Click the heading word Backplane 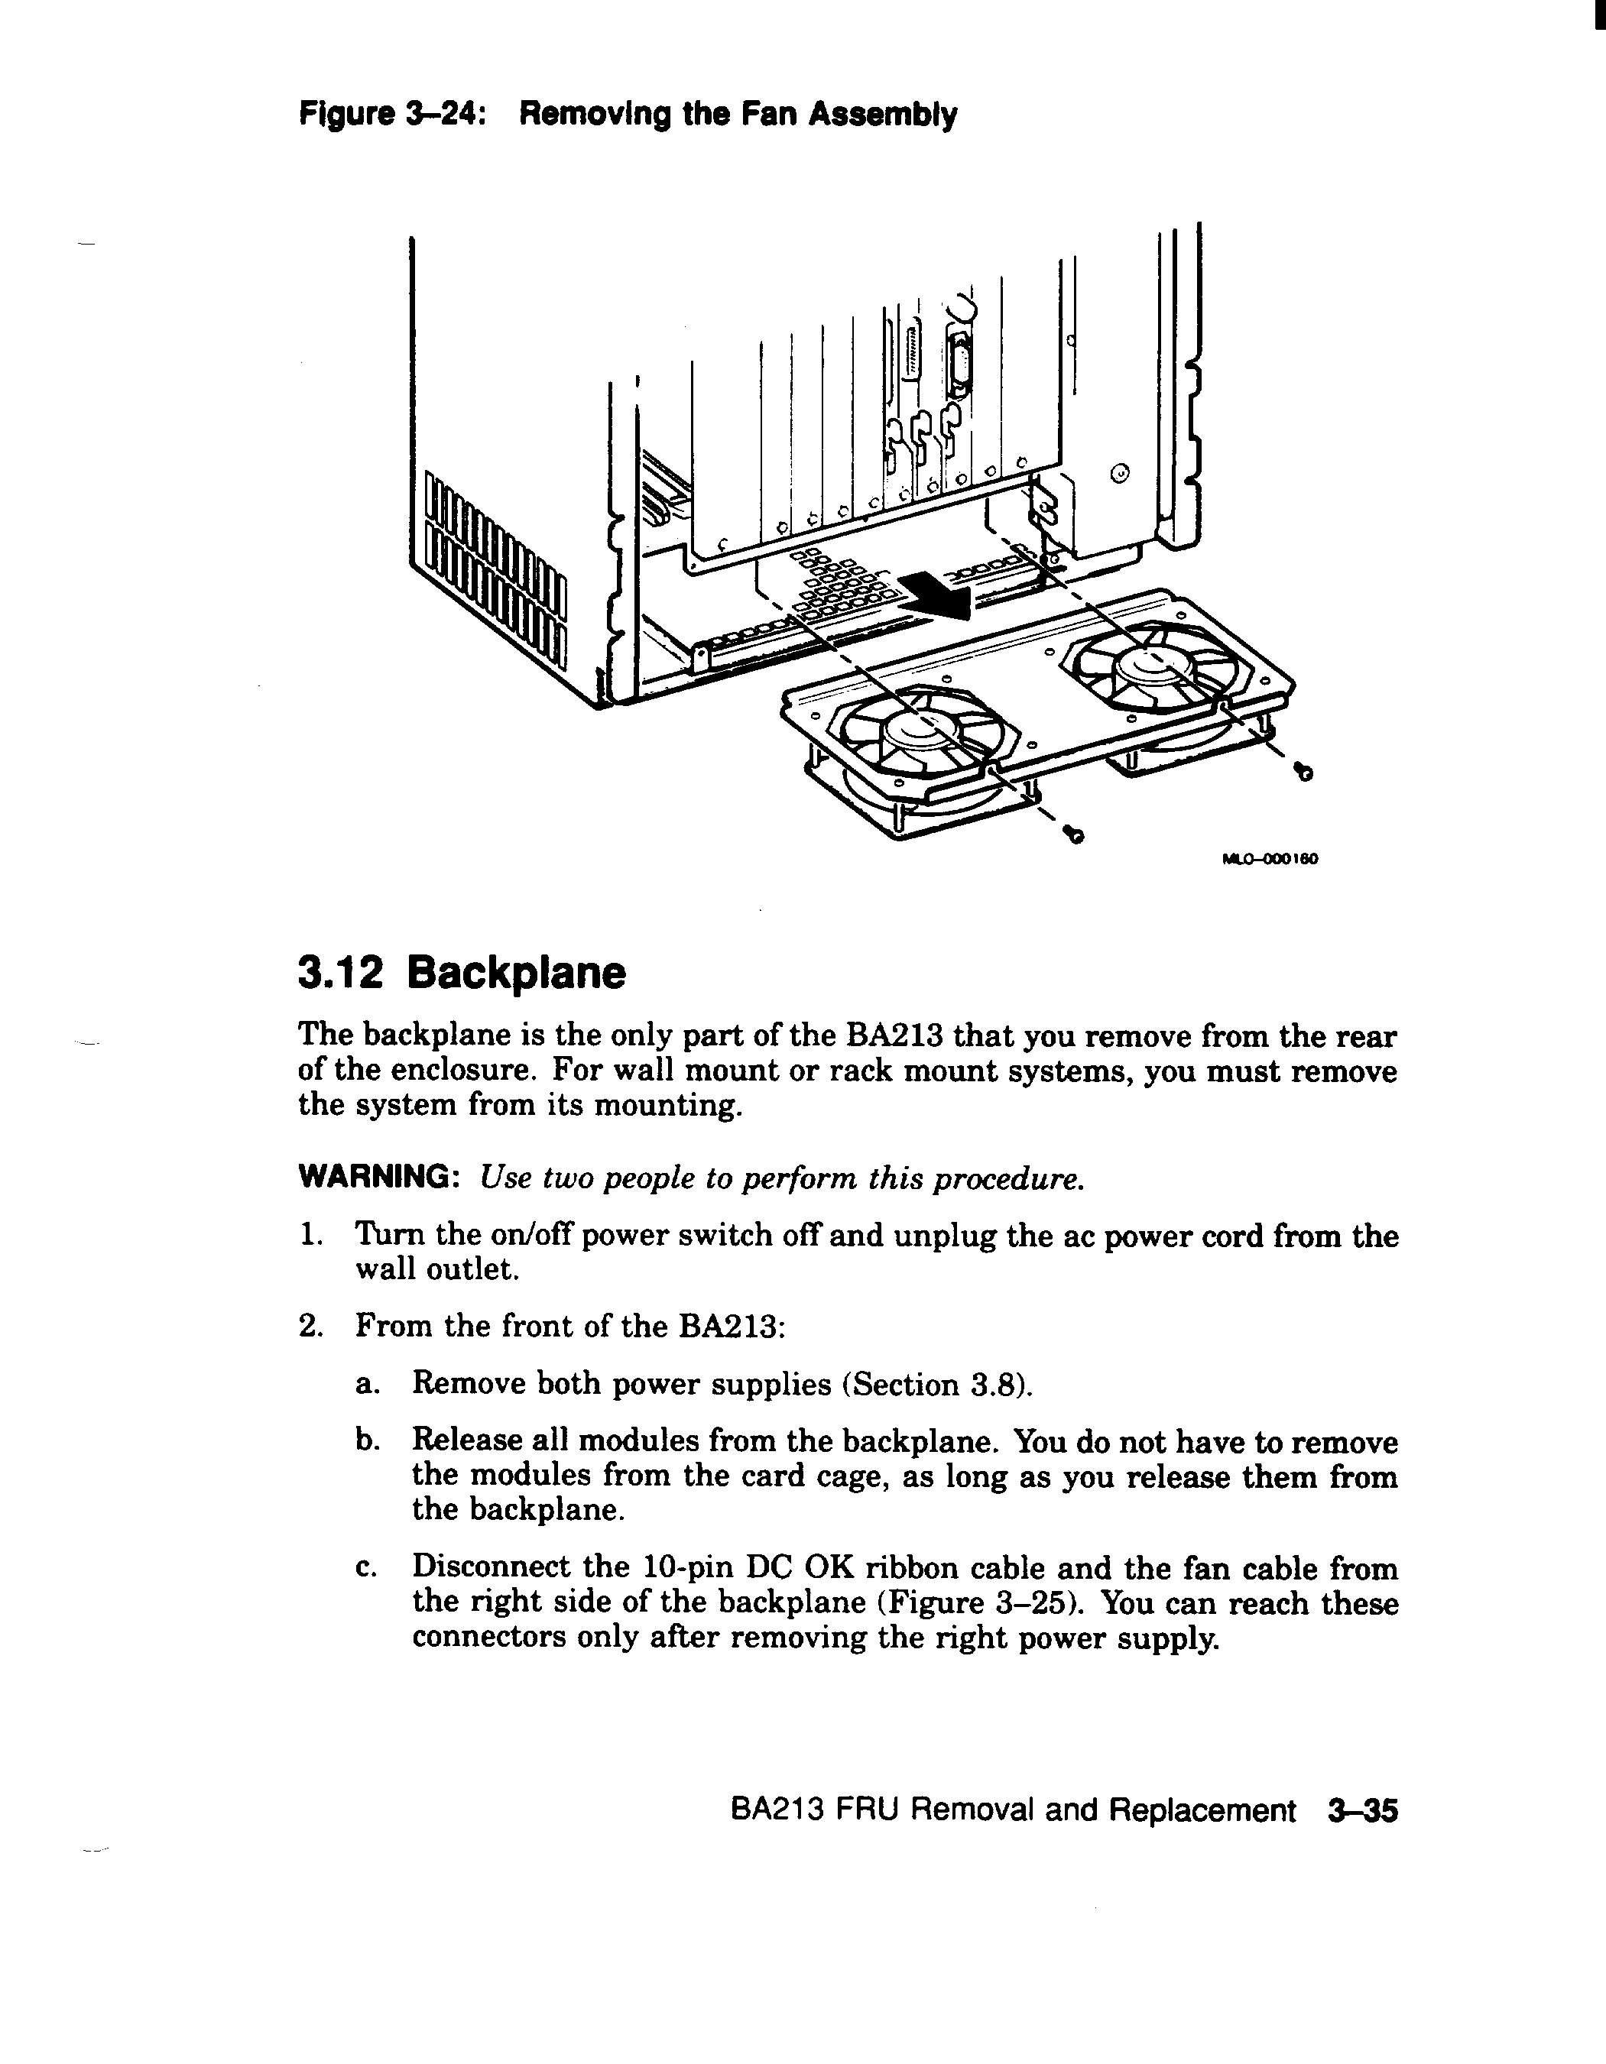[517, 973]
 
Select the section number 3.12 [340, 973]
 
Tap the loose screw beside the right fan [1305, 773]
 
